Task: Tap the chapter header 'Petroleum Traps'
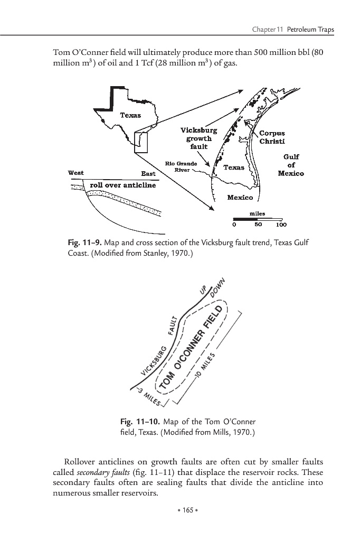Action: point(309,29)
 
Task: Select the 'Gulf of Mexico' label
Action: point(291,165)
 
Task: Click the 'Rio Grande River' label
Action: point(181,166)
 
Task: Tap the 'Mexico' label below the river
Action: point(240,198)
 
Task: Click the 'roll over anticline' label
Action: point(123,185)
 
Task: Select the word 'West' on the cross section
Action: point(77,173)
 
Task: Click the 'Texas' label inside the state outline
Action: point(130,115)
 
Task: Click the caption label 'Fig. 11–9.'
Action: point(84,242)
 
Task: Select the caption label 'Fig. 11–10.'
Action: point(140,422)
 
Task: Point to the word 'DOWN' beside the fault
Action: point(219,287)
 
